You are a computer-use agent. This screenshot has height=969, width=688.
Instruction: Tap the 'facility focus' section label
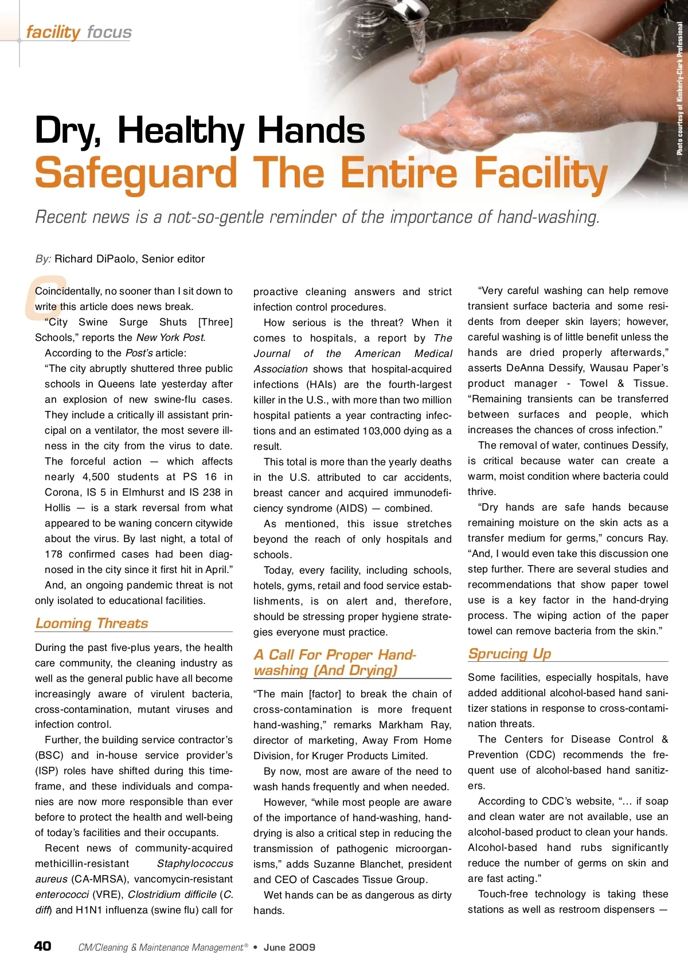click(79, 32)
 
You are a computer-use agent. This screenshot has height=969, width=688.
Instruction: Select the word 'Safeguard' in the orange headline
click(136, 173)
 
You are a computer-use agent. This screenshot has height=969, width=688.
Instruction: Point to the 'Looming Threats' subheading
click(92, 623)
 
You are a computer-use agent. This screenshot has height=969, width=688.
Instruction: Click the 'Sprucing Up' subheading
click(509, 653)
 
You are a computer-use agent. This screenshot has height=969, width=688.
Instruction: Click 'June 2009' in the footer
click(290, 947)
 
